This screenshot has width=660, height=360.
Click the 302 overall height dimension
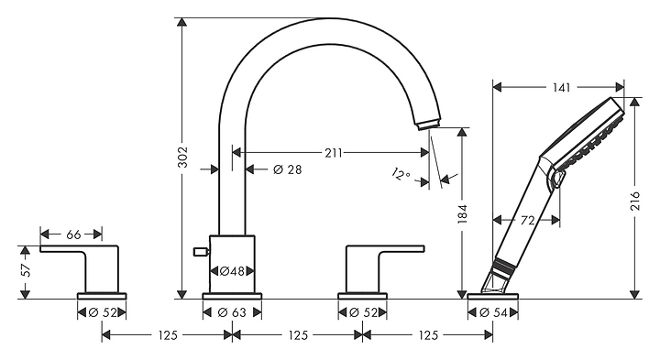pos(182,157)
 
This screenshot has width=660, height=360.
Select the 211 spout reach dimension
pos(334,153)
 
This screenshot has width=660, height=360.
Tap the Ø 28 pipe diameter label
pos(288,169)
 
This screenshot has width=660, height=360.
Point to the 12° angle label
pos(401,174)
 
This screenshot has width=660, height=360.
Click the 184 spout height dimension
pos(463,213)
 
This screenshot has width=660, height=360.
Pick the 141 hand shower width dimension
pos(562,87)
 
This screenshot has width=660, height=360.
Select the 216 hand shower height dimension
pos(634,201)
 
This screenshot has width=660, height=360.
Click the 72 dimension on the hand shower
pos(527,220)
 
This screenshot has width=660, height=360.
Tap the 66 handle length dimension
pos(73,235)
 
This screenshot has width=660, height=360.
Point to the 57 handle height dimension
pos(26,270)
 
